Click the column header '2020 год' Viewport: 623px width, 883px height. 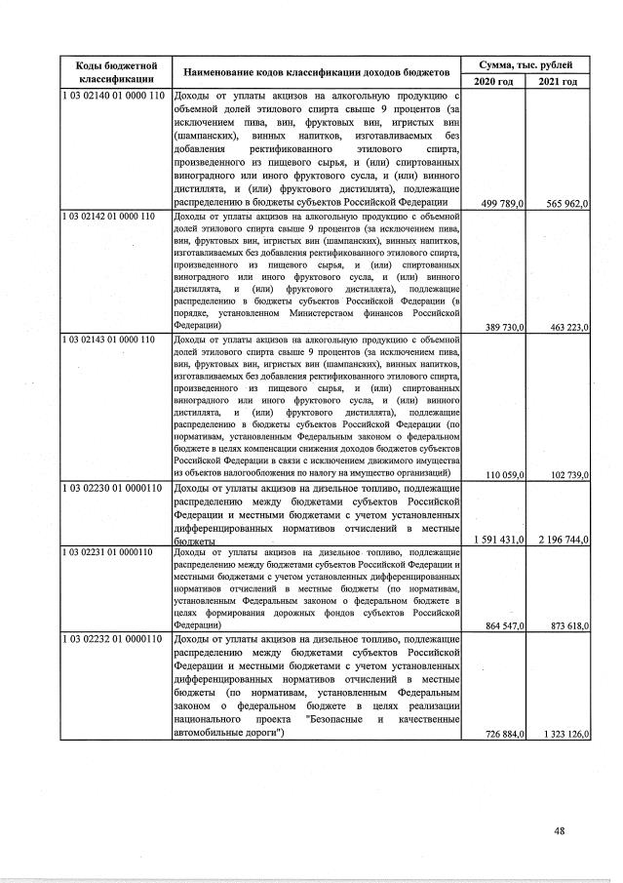(493, 81)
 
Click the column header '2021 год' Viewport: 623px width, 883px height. (558, 81)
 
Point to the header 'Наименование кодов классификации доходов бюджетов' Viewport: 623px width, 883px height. (315, 72)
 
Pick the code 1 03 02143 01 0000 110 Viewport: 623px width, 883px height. (110, 340)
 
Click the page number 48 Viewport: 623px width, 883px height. (560, 831)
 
